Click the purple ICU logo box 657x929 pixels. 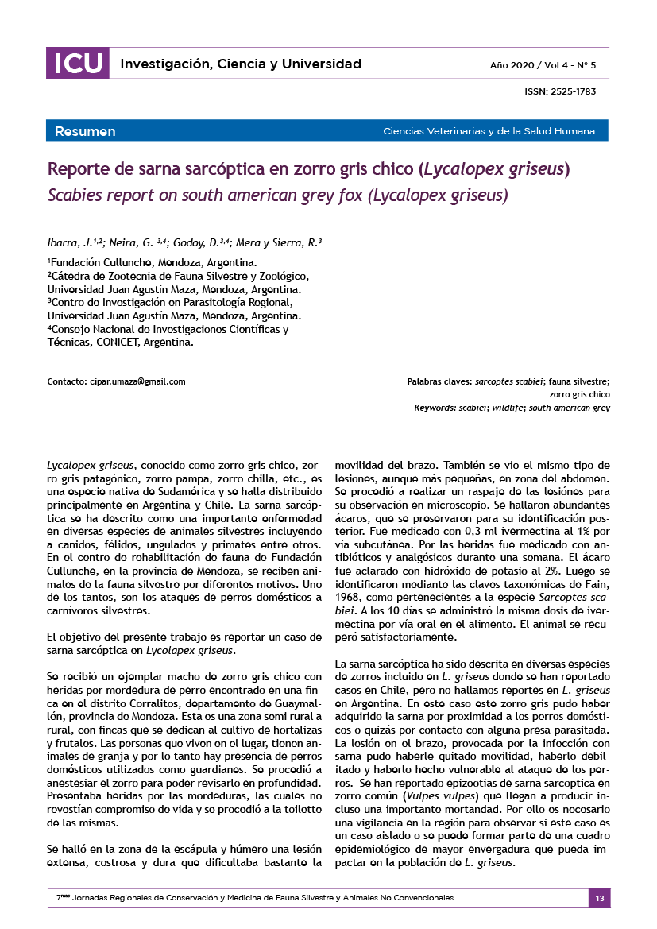click(77, 64)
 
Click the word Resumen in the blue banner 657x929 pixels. click(85, 131)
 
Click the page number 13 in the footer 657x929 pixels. click(599, 898)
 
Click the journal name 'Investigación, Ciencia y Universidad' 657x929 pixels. click(241, 64)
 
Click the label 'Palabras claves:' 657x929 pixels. click(439, 381)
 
